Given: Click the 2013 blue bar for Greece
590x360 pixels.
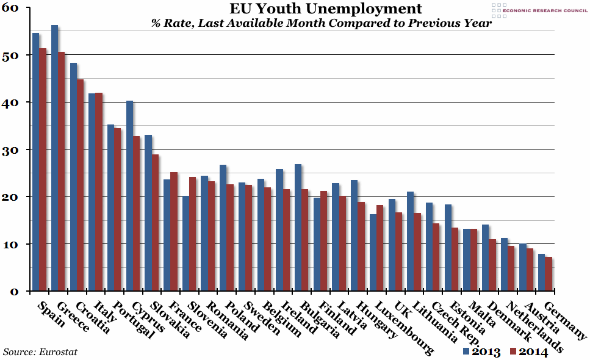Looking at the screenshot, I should (54, 158).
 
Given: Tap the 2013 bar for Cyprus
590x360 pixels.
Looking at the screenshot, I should (129, 196).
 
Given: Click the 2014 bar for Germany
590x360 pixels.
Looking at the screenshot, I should (549, 274).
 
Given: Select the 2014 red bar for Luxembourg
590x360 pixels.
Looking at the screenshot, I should (380, 248).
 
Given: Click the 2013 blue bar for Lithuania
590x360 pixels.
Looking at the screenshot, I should (410, 242).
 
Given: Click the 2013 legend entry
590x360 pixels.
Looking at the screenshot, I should (482, 351).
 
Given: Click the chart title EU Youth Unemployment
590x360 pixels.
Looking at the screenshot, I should (325, 9).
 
